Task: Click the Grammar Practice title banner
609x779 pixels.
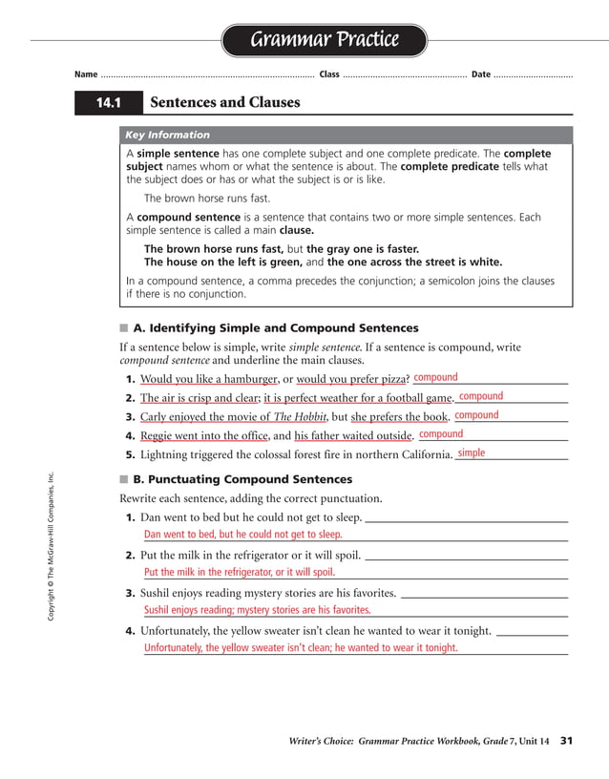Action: tap(324, 40)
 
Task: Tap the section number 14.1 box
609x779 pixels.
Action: tap(108, 102)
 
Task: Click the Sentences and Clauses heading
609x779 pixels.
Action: tap(225, 102)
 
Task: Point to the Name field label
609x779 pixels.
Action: tap(86, 74)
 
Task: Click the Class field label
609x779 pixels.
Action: tap(328, 74)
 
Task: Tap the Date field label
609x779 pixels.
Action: tap(481, 74)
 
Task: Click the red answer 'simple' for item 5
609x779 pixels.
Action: tap(471, 453)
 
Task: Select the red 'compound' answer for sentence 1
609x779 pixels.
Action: tap(435, 377)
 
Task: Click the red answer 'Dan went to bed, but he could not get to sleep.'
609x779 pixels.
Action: tap(242, 535)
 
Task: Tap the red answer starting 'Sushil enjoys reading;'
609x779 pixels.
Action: tap(257, 610)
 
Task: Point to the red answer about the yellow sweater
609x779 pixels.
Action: tap(301, 647)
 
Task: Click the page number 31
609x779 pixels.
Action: tap(566, 740)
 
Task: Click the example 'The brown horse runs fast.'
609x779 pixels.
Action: tap(206, 199)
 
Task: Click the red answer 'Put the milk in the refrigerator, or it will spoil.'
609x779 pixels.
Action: tap(239, 573)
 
